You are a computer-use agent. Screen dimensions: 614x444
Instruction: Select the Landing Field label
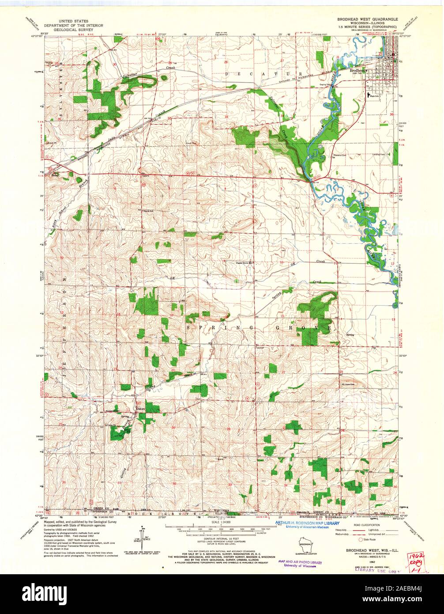click(386, 154)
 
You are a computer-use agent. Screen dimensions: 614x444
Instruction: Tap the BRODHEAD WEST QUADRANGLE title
click(367, 20)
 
